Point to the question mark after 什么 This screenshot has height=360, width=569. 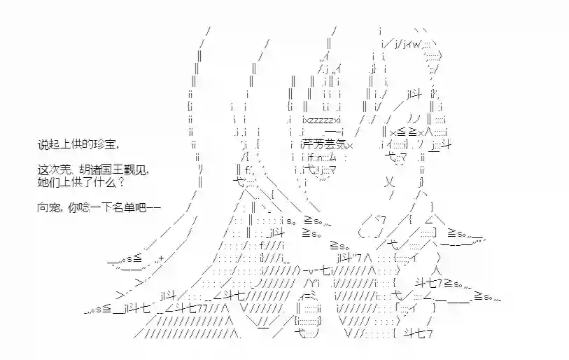pyautogui.click(x=121, y=181)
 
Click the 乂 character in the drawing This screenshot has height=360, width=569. pyautogui.click(x=389, y=182)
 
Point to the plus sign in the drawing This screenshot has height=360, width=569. pyautogui.click(x=162, y=258)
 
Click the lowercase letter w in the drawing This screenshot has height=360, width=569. pyautogui.click(x=416, y=45)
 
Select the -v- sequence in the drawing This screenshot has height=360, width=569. pyautogui.click(x=311, y=270)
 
